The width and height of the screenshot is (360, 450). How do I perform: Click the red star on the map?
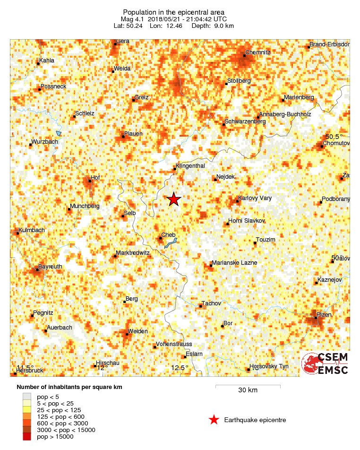click(x=174, y=199)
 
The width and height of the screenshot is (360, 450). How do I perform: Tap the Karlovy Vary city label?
click(x=255, y=198)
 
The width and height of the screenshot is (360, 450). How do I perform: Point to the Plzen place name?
click(x=325, y=314)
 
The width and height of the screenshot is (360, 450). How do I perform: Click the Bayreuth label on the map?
click(x=50, y=267)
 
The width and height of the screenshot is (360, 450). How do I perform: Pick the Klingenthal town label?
click(x=190, y=166)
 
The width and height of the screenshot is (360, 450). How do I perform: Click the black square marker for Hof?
click(x=89, y=181)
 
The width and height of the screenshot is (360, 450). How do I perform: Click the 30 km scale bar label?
click(x=248, y=390)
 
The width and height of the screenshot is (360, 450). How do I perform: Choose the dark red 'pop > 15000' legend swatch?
click(x=27, y=437)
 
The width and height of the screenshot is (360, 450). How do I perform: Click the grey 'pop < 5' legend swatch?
click(x=27, y=396)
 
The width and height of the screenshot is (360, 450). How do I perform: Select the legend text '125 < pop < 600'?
click(x=60, y=416)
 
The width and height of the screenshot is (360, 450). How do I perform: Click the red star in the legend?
click(x=214, y=420)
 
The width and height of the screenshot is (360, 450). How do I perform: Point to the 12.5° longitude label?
click(x=180, y=368)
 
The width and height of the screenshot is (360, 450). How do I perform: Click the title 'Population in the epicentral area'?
click(x=173, y=12)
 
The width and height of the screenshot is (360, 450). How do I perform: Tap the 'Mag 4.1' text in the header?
click(x=132, y=19)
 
